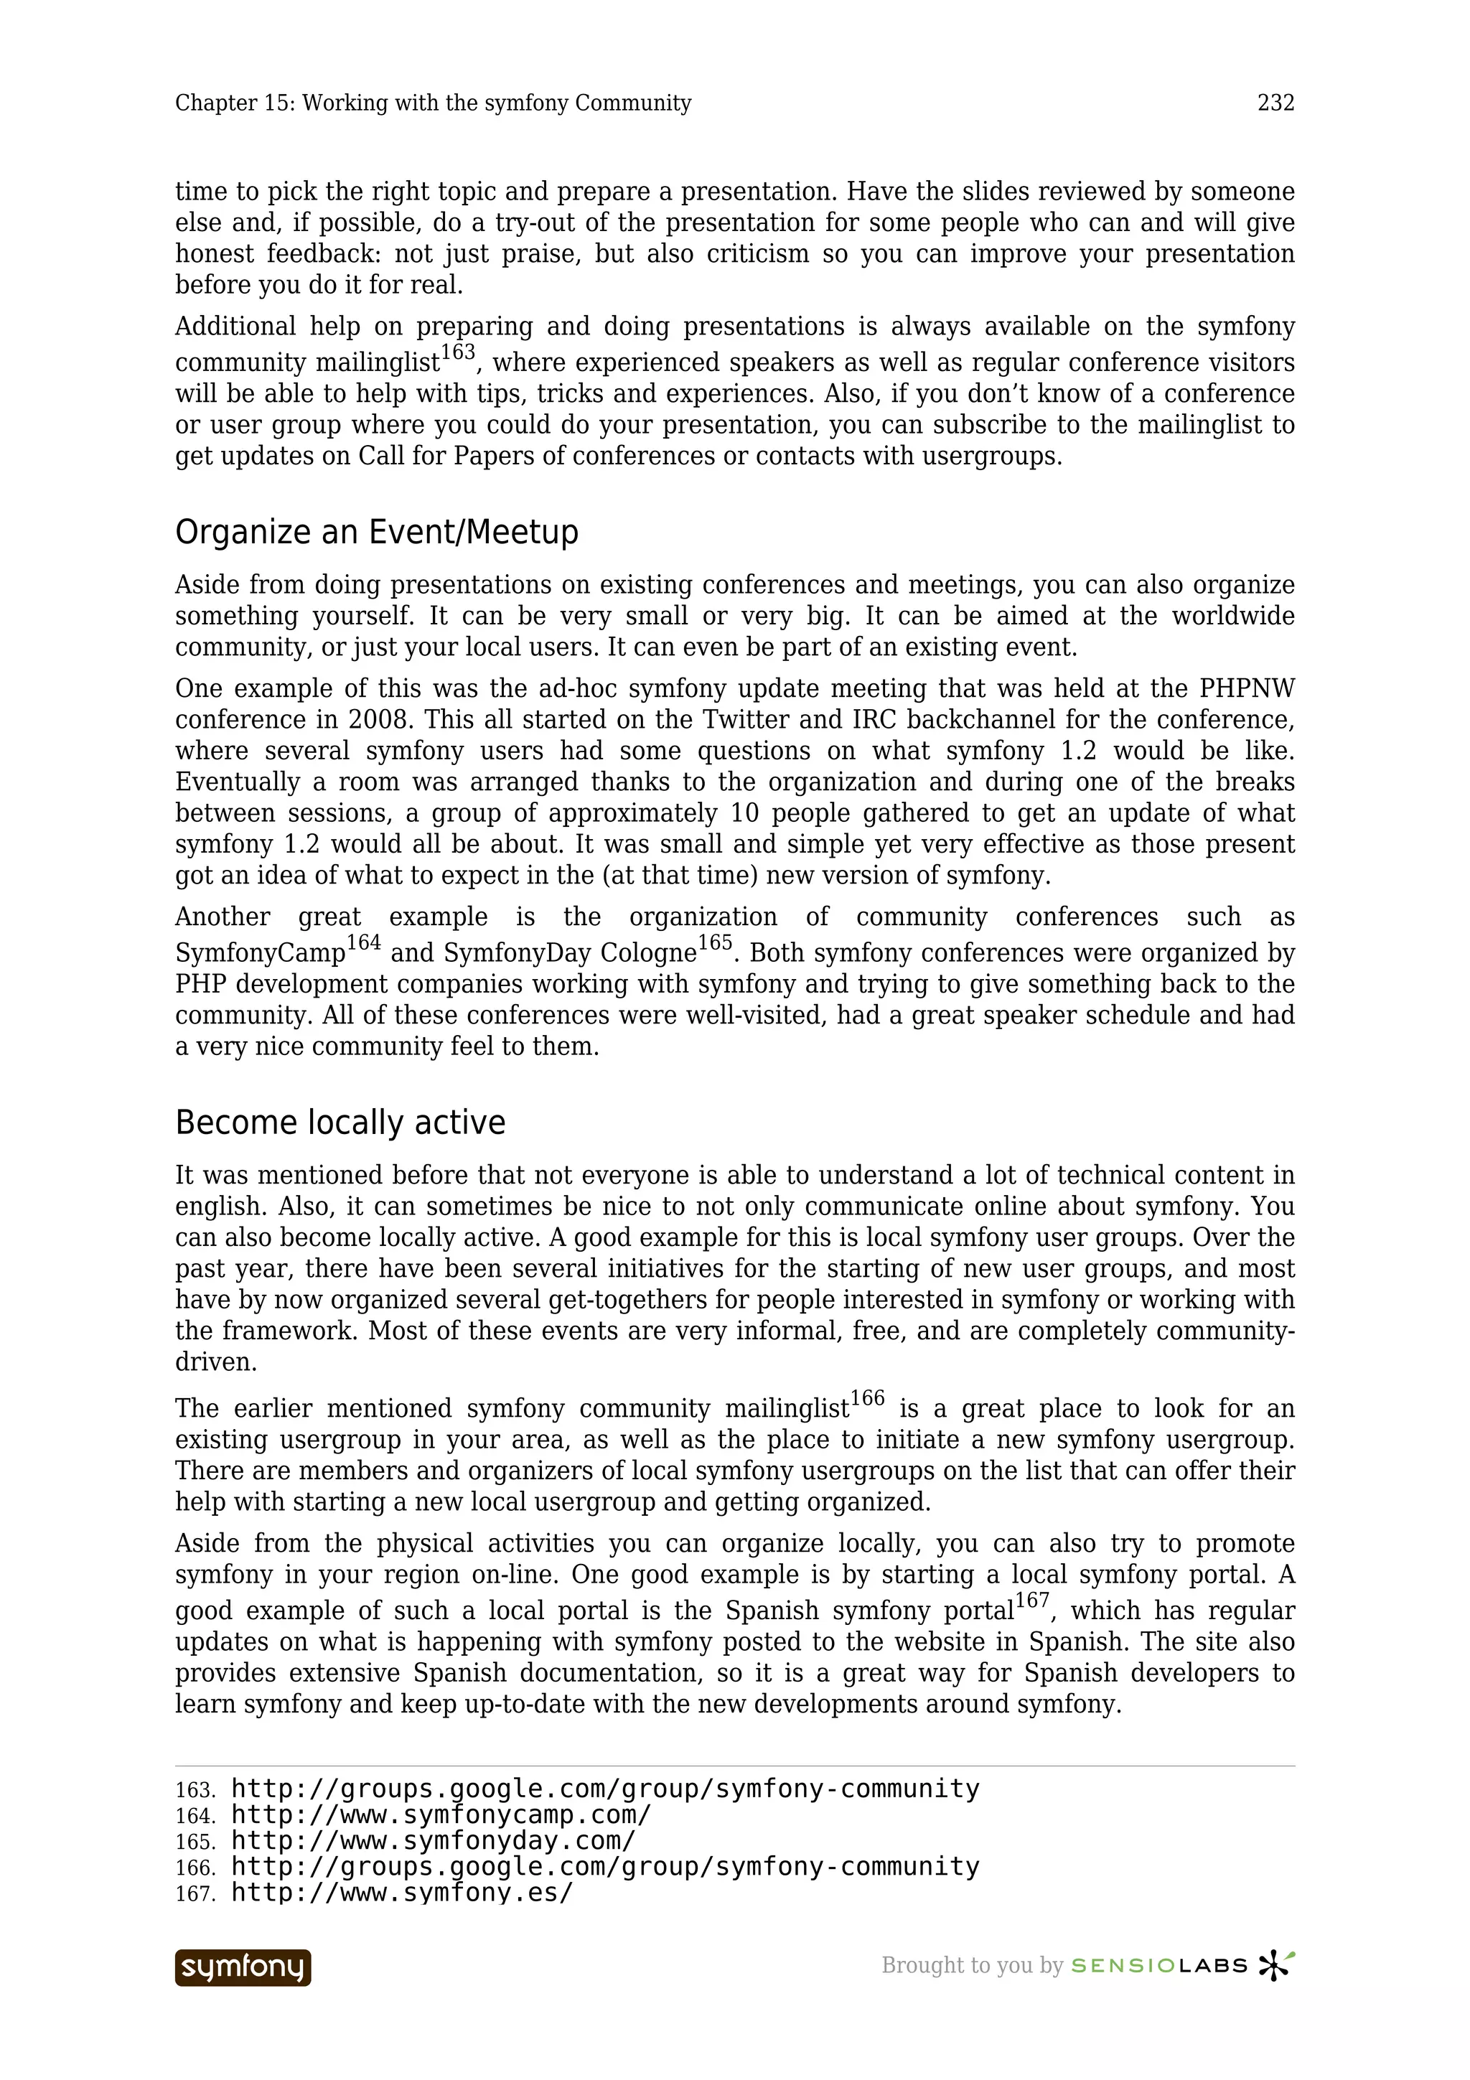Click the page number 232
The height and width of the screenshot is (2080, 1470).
pos(1275,103)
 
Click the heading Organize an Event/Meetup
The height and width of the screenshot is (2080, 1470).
pos(376,532)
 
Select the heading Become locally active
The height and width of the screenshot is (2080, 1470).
pos(340,1123)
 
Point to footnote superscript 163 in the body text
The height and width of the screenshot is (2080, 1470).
pos(457,352)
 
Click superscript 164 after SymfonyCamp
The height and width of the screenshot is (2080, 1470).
pos(363,943)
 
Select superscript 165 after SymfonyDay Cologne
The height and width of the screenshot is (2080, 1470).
pos(715,943)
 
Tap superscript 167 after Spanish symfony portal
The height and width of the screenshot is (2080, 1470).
pos(1031,1601)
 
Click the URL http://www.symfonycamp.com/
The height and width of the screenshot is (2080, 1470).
pos(441,1815)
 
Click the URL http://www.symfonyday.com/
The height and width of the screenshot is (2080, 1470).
pos(434,1841)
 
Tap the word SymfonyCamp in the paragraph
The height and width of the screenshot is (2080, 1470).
pos(260,954)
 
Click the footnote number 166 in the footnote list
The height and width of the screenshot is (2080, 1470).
pos(195,1868)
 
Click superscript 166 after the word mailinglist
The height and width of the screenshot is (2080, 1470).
pos(868,1399)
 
